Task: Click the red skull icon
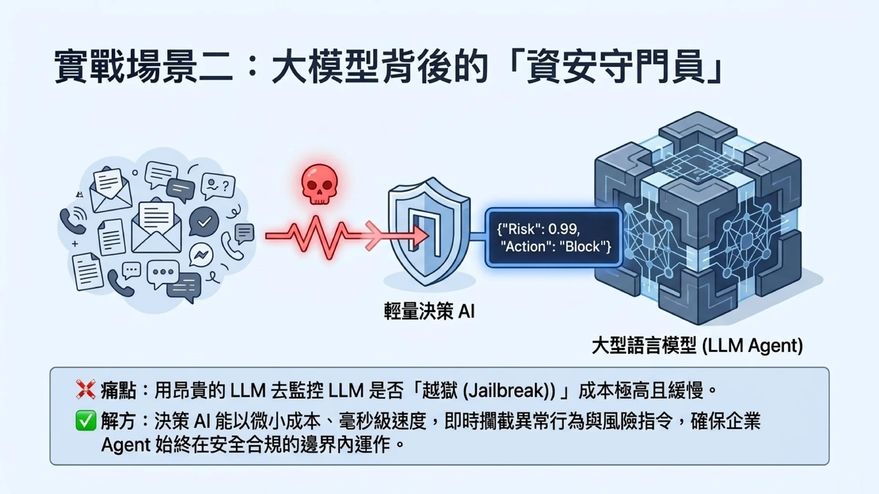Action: [320, 184]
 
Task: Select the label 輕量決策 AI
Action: [429, 311]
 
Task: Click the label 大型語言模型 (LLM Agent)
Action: [697, 346]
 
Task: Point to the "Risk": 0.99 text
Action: [538, 229]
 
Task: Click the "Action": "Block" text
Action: [556, 247]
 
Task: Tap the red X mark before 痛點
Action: [86, 390]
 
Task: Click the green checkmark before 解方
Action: [86, 421]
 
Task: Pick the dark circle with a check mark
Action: [204, 222]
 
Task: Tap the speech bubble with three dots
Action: [163, 274]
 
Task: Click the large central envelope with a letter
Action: [156, 226]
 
